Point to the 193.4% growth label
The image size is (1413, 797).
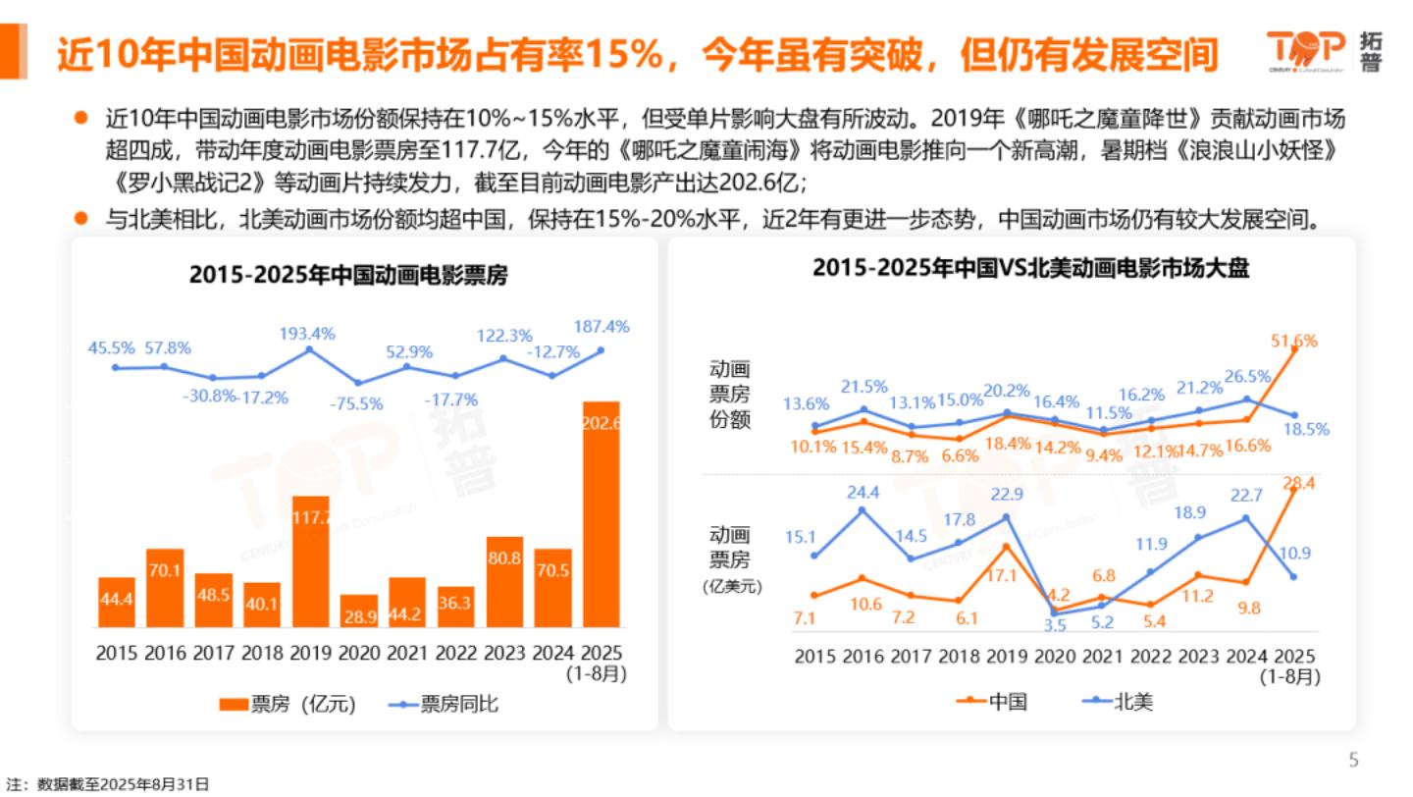click(308, 334)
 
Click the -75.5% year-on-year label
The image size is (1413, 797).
click(357, 403)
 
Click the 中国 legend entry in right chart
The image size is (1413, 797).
click(992, 701)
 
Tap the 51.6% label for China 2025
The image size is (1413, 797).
click(1293, 342)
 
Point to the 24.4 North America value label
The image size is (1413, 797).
click(863, 493)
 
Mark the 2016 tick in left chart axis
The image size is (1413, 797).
click(166, 653)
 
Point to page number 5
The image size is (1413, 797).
click(1354, 760)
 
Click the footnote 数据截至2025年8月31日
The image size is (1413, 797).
click(108, 784)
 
